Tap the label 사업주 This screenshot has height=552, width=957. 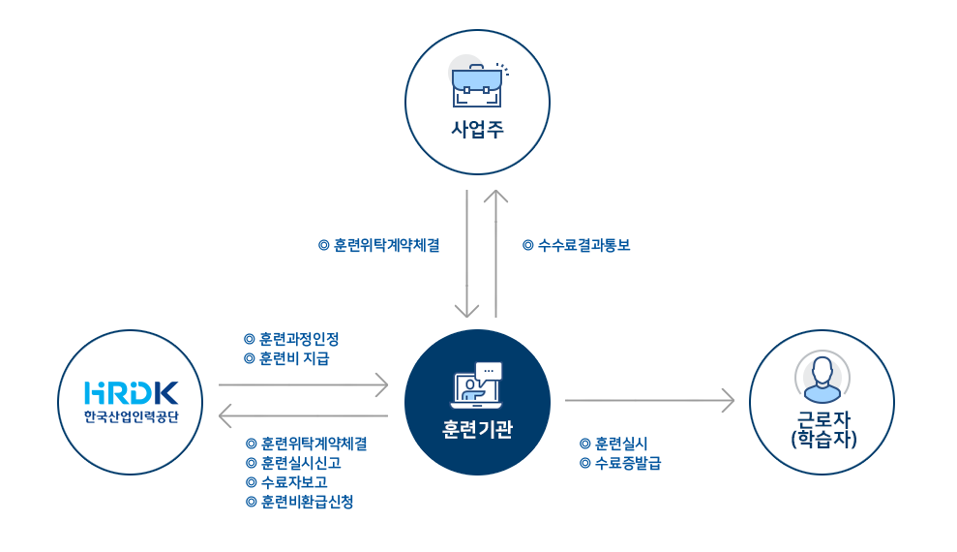click(x=477, y=130)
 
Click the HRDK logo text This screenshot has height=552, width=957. click(x=131, y=392)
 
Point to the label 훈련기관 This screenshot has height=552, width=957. click(x=477, y=429)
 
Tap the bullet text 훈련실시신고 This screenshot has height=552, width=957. click(x=300, y=463)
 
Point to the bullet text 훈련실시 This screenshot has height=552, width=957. click(x=620, y=444)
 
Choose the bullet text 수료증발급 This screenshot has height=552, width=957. click(x=626, y=463)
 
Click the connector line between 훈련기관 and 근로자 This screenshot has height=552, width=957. click(x=585, y=400)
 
